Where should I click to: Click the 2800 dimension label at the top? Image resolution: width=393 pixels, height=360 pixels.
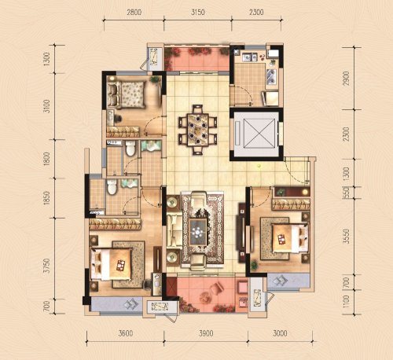click(134, 13)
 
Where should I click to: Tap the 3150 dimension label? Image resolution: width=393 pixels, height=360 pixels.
click(197, 13)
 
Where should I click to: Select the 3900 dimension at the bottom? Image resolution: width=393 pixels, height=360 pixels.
click(206, 333)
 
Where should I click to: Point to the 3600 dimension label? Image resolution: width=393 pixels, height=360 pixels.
click(126, 333)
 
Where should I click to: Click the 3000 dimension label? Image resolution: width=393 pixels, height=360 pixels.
click(280, 333)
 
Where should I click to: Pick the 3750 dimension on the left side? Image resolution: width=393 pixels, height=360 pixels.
click(46, 266)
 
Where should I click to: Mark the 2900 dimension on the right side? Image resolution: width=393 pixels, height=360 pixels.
click(346, 79)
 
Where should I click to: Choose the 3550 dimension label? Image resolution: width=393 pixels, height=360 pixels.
click(347, 237)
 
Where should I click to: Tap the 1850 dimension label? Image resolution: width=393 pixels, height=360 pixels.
click(46, 198)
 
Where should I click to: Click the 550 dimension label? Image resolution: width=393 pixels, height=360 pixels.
click(347, 193)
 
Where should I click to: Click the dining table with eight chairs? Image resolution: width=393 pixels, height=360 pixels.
click(198, 130)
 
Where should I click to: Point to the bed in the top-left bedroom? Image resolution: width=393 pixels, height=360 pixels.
click(126, 94)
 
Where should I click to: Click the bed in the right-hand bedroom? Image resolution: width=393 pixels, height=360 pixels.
click(290, 238)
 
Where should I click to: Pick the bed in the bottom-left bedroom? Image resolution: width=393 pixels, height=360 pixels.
click(111, 264)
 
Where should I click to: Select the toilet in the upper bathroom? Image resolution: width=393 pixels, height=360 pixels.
click(130, 149)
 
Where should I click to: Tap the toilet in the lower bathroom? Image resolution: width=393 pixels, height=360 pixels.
click(112, 187)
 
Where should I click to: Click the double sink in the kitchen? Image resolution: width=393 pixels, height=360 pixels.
click(272, 75)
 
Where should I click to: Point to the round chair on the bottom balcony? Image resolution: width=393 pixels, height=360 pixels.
click(207, 298)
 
